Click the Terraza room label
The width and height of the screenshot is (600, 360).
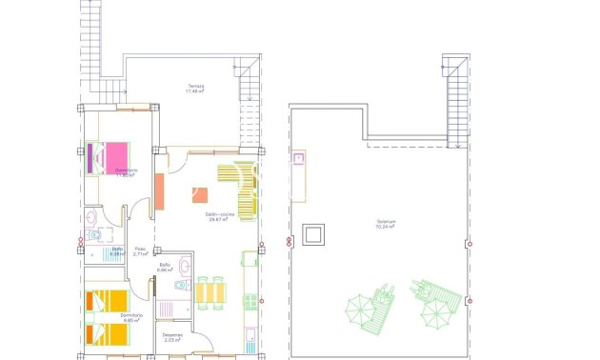(x=195, y=85)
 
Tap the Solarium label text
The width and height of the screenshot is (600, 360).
(x=386, y=223)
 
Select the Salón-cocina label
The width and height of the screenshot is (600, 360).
(x=221, y=213)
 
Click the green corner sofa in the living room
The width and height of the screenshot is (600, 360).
(x=240, y=189)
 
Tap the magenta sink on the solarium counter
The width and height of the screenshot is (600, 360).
(x=298, y=158)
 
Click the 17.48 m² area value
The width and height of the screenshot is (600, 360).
(x=195, y=91)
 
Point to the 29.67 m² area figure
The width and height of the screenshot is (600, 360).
(x=221, y=220)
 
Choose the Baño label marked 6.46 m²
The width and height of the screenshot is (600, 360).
(x=165, y=268)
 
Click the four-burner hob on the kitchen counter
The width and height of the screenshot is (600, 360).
(x=250, y=302)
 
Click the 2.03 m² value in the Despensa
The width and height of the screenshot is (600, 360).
(x=172, y=339)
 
